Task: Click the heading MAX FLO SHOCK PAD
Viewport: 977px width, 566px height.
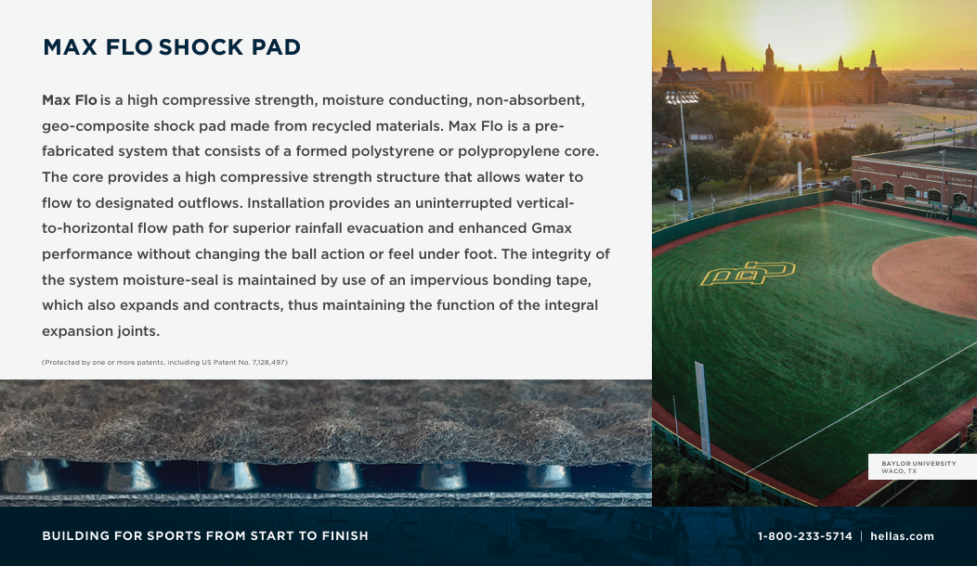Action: [172, 47]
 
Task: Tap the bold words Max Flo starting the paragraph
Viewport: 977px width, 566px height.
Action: [69, 99]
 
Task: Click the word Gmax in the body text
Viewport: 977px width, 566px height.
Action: [552, 228]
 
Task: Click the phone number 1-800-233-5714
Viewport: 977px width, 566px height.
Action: [805, 536]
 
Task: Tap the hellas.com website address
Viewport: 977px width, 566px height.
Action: [902, 536]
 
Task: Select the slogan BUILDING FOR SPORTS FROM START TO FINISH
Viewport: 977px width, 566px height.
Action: [205, 536]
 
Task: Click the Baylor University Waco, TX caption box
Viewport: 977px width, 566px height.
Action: [922, 467]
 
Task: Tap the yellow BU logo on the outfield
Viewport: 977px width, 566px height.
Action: [748, 273]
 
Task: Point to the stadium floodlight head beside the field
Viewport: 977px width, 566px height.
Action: [683, 97]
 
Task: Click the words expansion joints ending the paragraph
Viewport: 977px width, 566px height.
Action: [101, 330]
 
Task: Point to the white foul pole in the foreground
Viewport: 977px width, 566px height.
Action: [702, 409]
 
